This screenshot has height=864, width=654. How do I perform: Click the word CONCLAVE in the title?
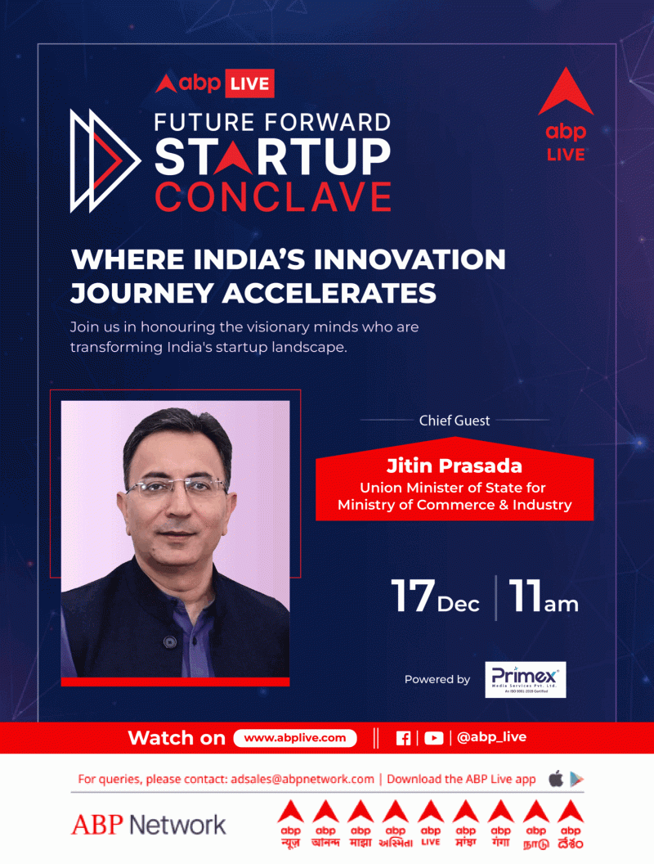pyautogui.click(x=273, y=198)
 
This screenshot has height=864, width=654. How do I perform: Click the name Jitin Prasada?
pyautogui.click(x=455, y=466)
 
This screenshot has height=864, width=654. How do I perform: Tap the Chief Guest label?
pyautogui.click(x=455, y=421)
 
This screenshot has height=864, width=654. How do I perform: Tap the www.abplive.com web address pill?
pyautogui.click(x=295, y=738)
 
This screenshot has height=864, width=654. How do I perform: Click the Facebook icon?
pyautogui.click(x=403, y=738)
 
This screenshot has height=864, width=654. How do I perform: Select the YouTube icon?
pyautogui.click(x=433, y=738)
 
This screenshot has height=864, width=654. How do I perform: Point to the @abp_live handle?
pyautogui.click(x=491, y=737)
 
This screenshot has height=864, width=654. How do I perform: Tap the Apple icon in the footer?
pyautogui.click(x=556, y=779)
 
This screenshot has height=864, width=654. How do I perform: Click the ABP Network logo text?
pyautogui.click(x=149, y=825)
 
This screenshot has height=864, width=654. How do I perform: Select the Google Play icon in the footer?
pyautogui.click(x=577, y=779)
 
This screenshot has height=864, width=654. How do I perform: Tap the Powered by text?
pyautogui.click(x=437, y=679)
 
